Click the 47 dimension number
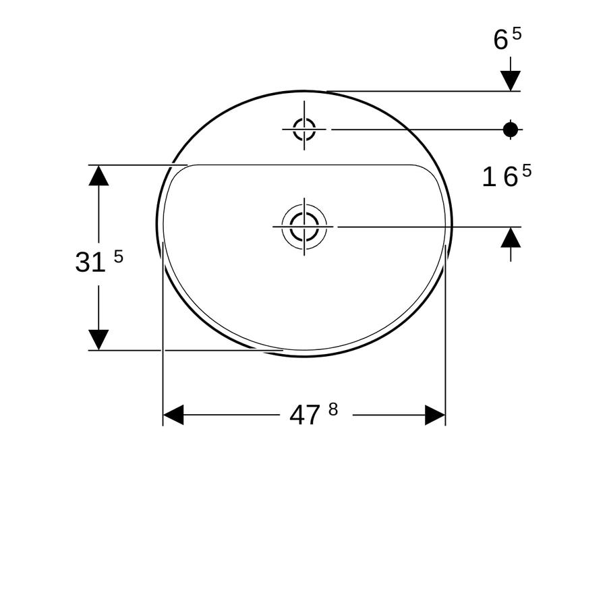305,415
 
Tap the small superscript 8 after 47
333,409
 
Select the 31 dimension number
90,262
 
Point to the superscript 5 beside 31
119,256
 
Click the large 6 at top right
500,40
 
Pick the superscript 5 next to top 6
517,34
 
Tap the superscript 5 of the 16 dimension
527,171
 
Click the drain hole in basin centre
304,227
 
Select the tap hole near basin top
304,129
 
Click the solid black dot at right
511,129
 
